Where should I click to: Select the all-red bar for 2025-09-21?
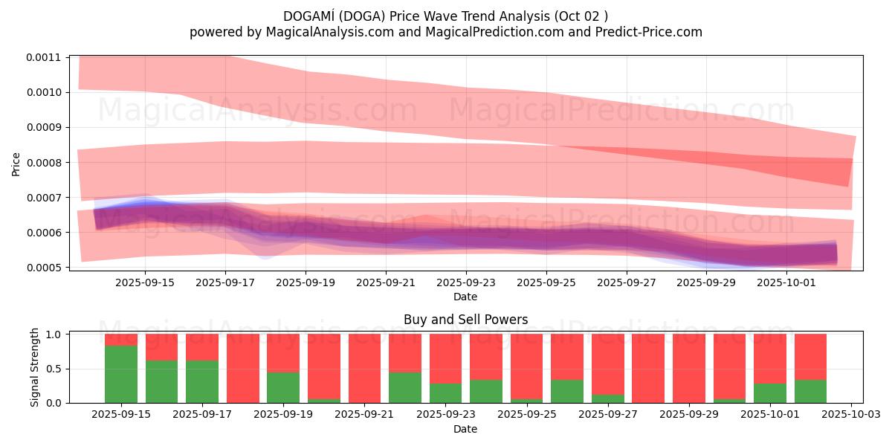tap(364, 368)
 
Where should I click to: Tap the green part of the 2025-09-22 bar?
tap(405, 387)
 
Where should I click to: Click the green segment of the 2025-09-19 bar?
tap(283, 387)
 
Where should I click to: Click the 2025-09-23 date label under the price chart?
tap(466, 283)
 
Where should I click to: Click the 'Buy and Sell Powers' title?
tap(465, 320)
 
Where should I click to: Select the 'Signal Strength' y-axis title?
tap(34, 367)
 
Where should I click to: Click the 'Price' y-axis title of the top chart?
tap(16, 163)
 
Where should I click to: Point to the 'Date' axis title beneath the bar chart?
tap(465, 429)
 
